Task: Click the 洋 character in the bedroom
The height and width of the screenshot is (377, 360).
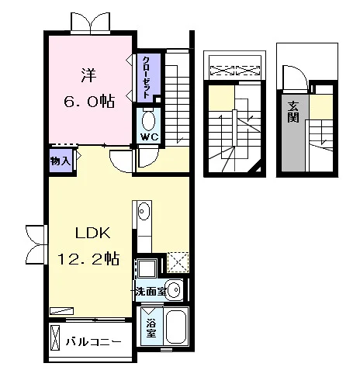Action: tap(89, 75)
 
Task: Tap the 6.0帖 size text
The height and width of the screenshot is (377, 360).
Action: tap(89, 102)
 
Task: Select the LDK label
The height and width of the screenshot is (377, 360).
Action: tap(93, 233)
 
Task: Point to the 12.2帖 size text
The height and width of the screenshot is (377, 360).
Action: tap(88, 258)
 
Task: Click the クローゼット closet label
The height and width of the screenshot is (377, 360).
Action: tap(146, 77)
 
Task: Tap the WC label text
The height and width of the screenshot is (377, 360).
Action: tap(149, 137)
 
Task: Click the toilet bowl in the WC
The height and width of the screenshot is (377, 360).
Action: tap(149, 120)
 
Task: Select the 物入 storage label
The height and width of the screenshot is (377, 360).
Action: tap(61, 161)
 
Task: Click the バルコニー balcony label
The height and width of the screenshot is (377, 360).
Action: tap(93, 342)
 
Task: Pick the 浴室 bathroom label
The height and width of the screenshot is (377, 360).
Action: tap(151, 328)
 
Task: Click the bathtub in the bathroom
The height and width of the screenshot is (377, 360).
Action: tap(176, 326)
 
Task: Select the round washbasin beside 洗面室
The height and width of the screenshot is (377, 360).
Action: tap(174, 289)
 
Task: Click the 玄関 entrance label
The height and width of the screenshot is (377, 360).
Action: tap(293, 112)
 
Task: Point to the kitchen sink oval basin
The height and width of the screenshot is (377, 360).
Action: tap(144, 212)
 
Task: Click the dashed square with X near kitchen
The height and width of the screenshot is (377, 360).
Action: tap(178, 262)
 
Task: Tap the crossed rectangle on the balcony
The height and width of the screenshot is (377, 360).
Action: tap(54, 337)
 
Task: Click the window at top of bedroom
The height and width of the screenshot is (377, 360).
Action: tap(91, 23)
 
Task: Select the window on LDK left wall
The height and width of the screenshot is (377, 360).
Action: tap(36, 244)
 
